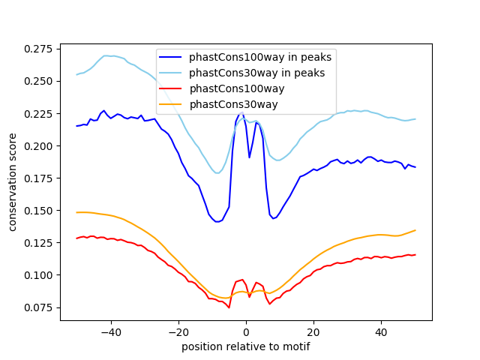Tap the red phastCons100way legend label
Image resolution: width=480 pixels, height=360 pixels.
tap(230, 88)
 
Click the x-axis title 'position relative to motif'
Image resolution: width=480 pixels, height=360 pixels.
tap(246, 346)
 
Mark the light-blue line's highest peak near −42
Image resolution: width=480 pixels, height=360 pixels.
tap(106, 55)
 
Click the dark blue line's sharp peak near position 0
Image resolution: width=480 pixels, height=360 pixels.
tap(241, 113)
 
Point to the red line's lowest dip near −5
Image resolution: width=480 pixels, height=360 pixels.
tap(229, 307)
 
